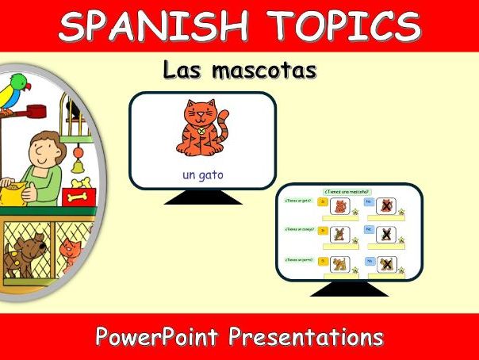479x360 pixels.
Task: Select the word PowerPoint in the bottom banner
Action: [x=157, y=337]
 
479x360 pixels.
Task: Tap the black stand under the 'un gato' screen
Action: [x=202, y=197]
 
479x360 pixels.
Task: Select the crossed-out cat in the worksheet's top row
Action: [x=386, y=207]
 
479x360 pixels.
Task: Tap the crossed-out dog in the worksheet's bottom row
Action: [x=386, y=265]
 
